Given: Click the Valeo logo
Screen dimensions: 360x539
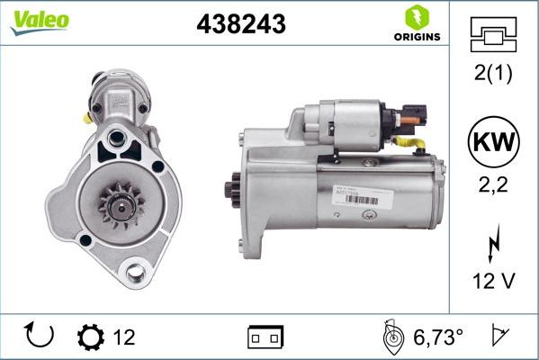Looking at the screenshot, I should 39,22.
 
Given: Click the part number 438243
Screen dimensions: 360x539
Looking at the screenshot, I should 240,25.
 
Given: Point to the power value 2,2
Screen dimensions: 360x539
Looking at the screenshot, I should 493,187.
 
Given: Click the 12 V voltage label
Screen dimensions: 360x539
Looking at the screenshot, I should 493,281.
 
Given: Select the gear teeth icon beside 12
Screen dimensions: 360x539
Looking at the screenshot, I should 91,337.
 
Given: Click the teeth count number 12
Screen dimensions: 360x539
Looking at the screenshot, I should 124,337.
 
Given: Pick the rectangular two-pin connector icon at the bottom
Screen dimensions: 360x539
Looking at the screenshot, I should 266,337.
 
